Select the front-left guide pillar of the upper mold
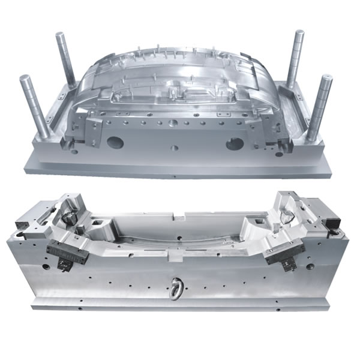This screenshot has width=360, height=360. [x=28, y=102]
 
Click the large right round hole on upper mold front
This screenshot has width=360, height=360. [x=234, y=144]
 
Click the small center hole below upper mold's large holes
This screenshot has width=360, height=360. [x=174, y=147]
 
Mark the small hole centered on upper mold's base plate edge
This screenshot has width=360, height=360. [x=174, y=176]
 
